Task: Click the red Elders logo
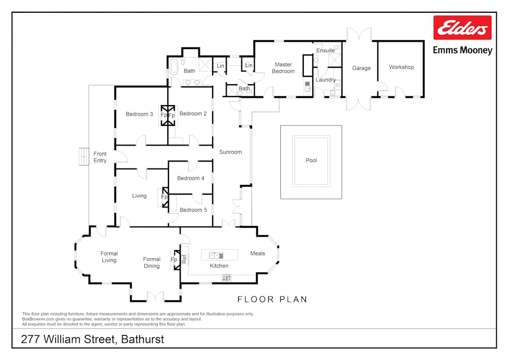pos(462,28)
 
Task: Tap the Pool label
pos(311,160)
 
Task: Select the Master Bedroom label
pos(283,68)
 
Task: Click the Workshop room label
pos(401,67)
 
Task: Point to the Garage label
pos(361,68)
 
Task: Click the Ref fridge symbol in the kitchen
pos(184,260)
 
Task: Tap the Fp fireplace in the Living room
pos(164,197)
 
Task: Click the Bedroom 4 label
pos(191,178)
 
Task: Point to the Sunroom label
pos(230,152)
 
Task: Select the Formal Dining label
pos(152,262)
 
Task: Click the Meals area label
pos(257,253)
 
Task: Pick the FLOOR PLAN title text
pos(272,299)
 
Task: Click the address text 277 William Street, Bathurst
pos(92,339)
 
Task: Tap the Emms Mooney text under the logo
pos(462,51)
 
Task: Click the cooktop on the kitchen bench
pos(227,277)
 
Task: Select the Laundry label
pos(326,80)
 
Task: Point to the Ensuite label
pos(325,51)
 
